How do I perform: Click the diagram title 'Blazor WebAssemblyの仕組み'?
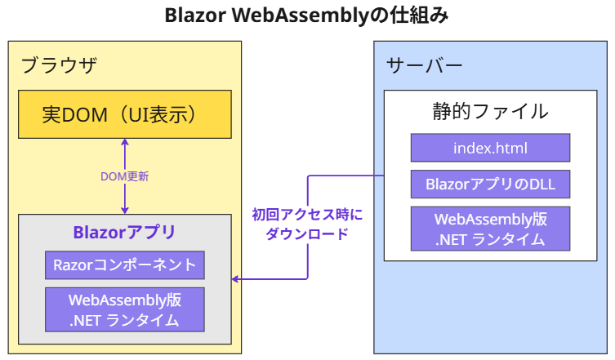click(x=306, y=16)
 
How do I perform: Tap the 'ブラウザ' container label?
click(x=59, y=65)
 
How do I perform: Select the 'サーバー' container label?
click(x=425, y=65)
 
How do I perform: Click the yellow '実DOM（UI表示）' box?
click(x=125, y=114)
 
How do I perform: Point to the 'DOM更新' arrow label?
click(x=125, y=176)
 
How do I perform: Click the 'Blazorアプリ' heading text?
click(x=124, y=232)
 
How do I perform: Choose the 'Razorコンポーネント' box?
click(x=125, y=265)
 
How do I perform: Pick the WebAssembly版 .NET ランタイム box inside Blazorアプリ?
click(x=125, y=310)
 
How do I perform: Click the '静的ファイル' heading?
click(x=490, y=111)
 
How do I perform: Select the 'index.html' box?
click(x=490, y=148)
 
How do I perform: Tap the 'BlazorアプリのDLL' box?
click(x=490, y=184)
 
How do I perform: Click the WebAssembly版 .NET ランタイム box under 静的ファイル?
click(x=490, y=229)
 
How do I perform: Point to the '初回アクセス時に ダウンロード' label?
click(x=307, y=224)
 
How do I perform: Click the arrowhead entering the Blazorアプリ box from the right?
click(x=235, y=279)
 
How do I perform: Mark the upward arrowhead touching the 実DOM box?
click(x=125, y=142)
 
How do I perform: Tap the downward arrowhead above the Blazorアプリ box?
click(x=125, y=211)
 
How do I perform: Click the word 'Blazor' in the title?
click(x=195, y=16)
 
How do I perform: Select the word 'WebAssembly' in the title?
click(x=301, y=16)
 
